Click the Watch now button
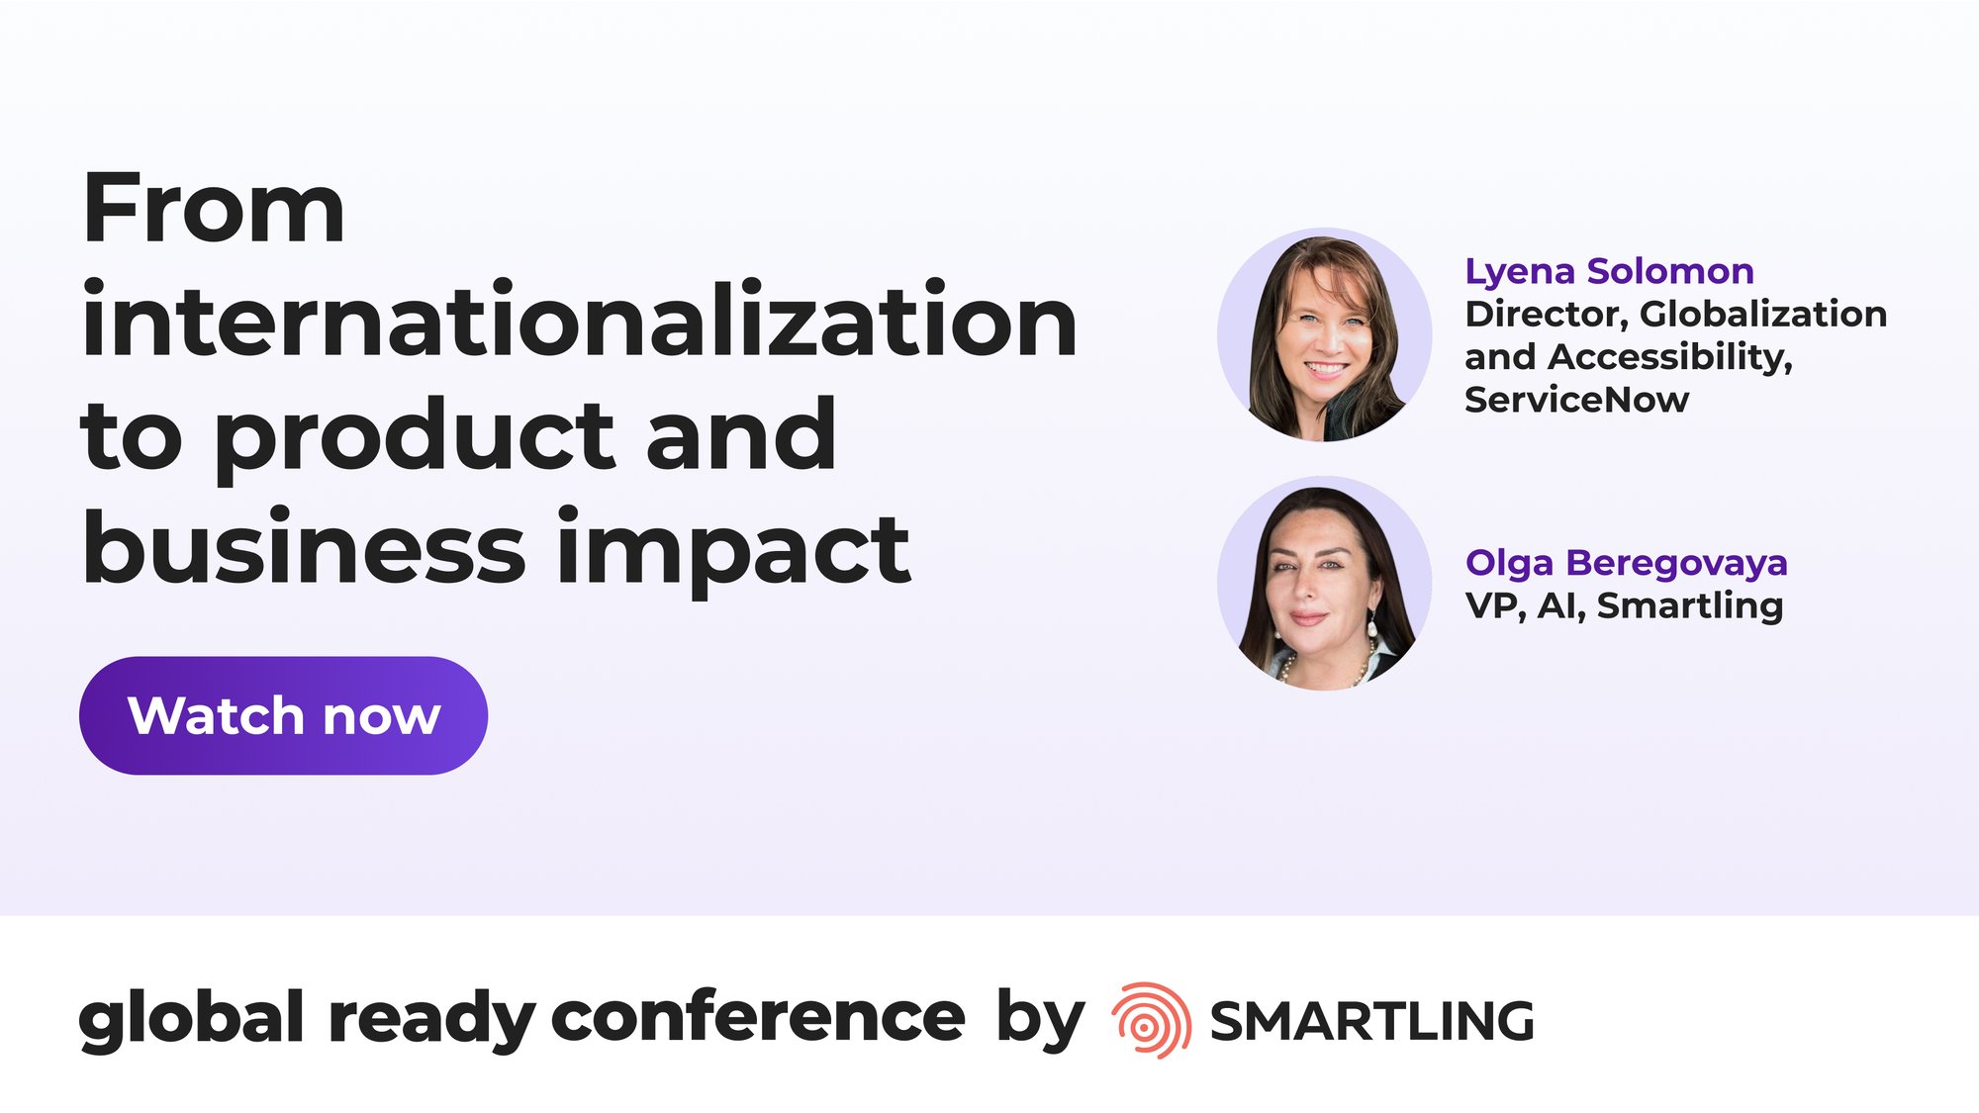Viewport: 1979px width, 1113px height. click(283, 715)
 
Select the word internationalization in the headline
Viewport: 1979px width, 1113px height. click(580, 319)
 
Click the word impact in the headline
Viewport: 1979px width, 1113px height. click(733, 547)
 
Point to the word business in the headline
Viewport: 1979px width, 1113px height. click(304, 545)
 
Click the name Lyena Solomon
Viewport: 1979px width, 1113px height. click(1609, 271)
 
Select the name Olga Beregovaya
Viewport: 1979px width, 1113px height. click(1626, 563)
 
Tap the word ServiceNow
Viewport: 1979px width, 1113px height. click(1576, 400)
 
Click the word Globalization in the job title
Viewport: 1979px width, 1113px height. click(1763, 314)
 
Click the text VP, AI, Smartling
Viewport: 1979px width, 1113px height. click(1624, 605)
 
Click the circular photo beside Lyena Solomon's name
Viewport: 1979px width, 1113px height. click(1324, 334)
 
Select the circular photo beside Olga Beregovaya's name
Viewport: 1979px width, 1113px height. click(1324, 583)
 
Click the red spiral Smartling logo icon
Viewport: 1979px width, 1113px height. click(1151, 1020)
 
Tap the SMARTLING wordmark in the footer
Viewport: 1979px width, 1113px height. click(1371, 1021)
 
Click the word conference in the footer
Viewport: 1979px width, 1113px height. click(757, 1017)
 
